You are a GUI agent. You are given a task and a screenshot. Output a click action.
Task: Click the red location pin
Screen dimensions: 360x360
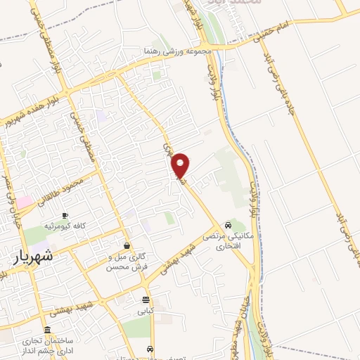181,165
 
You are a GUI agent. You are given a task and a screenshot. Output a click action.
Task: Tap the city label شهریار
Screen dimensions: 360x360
33,257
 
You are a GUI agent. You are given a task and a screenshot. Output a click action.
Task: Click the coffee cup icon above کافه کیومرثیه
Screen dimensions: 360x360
65,214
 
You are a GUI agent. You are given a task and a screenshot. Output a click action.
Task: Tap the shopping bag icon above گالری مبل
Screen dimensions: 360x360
127,245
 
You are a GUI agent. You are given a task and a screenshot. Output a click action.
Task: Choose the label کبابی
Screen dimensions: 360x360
145,310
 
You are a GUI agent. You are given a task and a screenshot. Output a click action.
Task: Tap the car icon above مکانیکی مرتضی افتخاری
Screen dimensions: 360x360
229,225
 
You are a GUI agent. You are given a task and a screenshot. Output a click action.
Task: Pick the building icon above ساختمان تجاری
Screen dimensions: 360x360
47,330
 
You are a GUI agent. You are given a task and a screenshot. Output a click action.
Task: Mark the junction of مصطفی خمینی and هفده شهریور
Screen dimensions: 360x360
65,91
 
